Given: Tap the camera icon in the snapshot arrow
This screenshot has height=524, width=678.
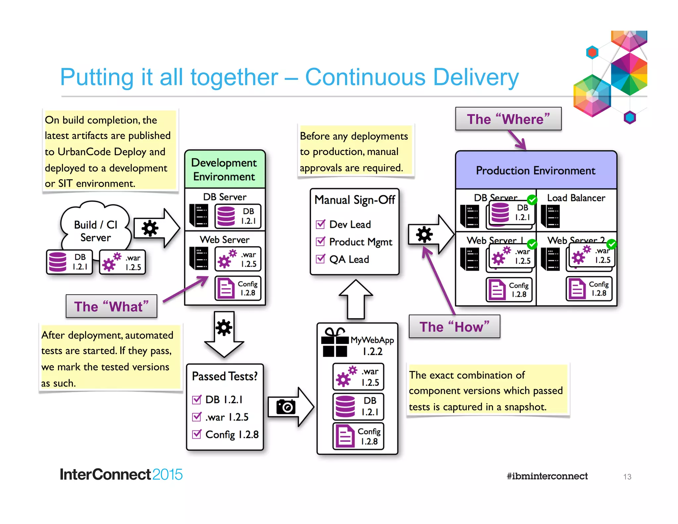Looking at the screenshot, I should tap(286, 407).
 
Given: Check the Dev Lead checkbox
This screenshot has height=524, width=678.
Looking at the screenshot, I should tap(320, 224).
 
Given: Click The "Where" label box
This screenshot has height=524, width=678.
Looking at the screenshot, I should tap(508, 119).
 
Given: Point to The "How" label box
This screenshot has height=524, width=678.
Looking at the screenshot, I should tap(454, 327).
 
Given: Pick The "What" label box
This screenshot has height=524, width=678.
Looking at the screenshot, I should tap(111, 306).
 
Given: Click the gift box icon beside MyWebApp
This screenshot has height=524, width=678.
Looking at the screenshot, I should tap(335, 343).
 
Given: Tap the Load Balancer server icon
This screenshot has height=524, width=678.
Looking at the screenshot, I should tap(550, 216).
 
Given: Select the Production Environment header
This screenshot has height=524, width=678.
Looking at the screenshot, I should tap(536, 170).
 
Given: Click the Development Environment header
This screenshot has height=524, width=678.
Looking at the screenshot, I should tap(224, 169).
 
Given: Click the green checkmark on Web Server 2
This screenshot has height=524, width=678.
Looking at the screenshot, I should tap(611, 244).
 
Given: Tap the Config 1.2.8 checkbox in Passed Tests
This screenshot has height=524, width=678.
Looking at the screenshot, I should tap(197, 434).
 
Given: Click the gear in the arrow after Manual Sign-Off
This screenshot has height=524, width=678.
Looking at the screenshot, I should tap(424, 235).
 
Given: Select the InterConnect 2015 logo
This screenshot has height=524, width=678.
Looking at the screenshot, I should tap(121, 474).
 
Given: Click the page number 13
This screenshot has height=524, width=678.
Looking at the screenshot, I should tap(627, 477).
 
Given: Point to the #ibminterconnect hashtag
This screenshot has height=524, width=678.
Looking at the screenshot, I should tap(547, 476).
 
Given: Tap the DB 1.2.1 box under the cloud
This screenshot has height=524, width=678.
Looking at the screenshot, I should tap(69, 262).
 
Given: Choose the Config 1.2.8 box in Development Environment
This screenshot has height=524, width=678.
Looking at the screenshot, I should tap(238, 288).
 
